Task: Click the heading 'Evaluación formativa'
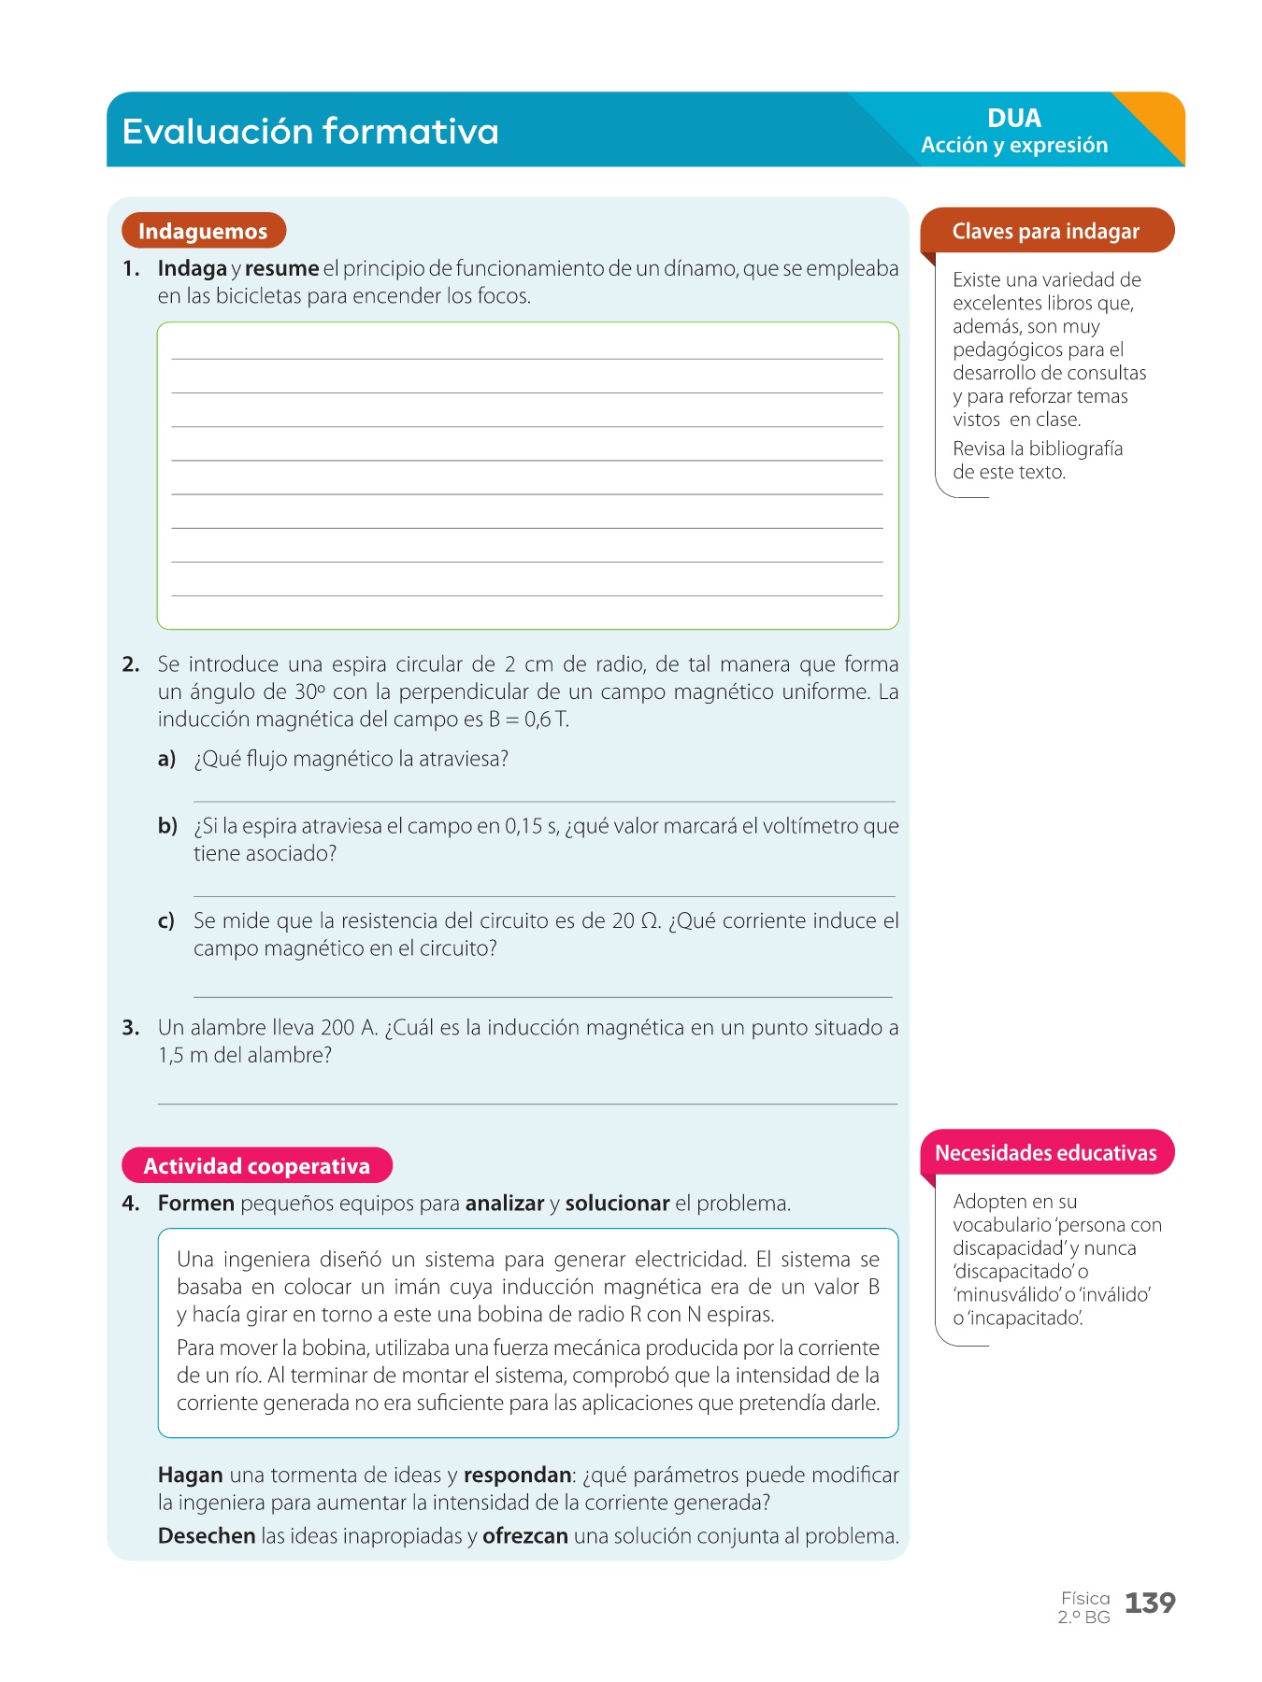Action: pos(310,132)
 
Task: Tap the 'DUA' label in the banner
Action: pos(1014,118)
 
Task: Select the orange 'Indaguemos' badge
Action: pos(203,231)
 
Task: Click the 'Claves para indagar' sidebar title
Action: pos(1045,231)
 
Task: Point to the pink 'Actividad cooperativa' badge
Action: pos(256,1165)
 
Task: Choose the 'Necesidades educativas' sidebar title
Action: pos(1045,1152)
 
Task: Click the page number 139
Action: pos(1150,1604)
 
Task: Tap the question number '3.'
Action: pos(131,1028)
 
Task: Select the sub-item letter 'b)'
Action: pos(167,826)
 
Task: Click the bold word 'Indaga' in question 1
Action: pos(192,269)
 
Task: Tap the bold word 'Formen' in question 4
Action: pos(195,1204)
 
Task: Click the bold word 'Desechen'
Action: pos(207,1536)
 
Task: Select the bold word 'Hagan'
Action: pos(190,1475)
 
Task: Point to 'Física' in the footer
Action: pos(1085,1598)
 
